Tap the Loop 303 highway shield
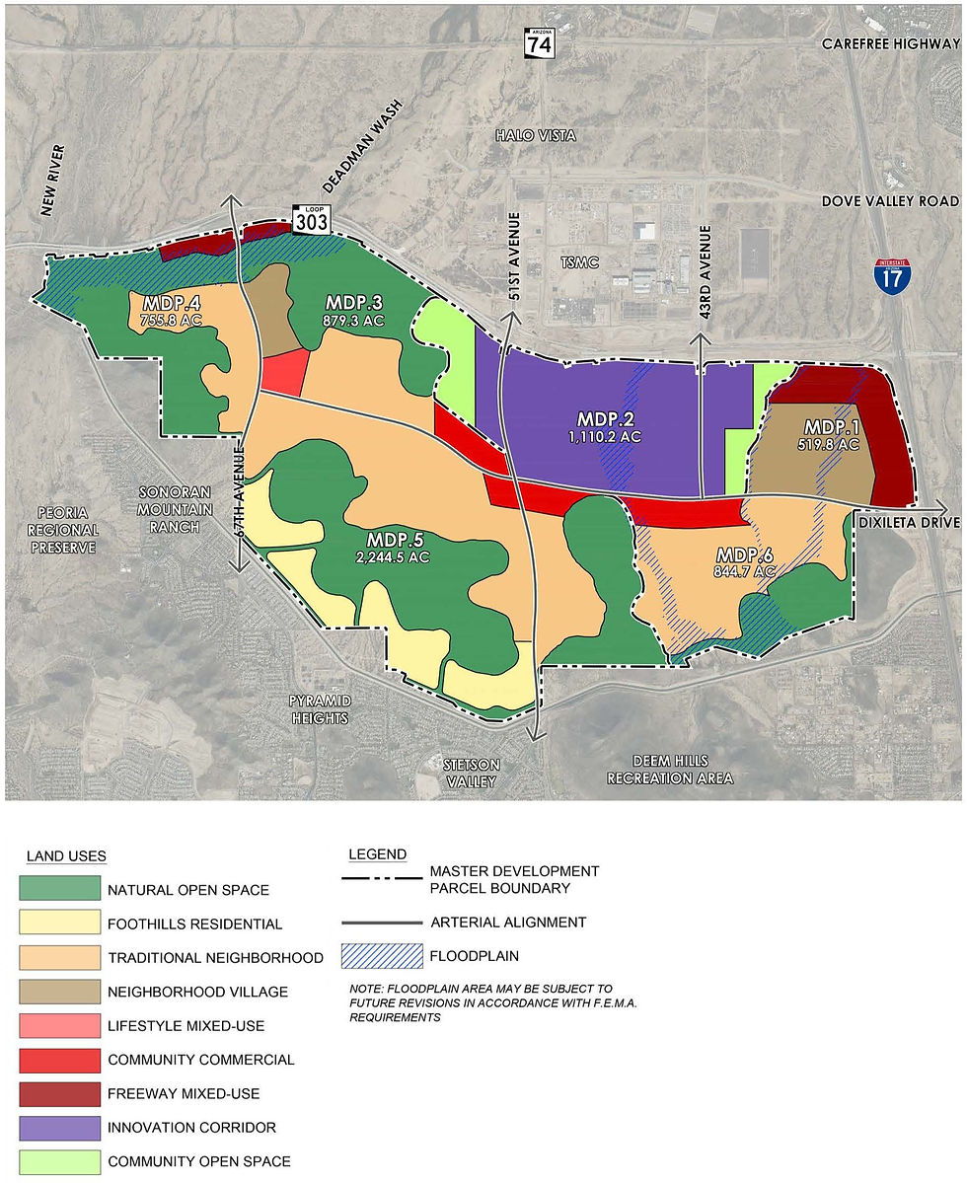[311, 219]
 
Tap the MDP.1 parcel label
[832, 427]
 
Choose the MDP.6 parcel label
[746, 554]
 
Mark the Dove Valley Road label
[890, 201]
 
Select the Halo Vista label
[536, 135]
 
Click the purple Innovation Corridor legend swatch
[60, 1127]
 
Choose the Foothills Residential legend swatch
[60, 924]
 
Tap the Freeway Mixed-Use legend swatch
[60, 1093]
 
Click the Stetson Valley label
[472, 773]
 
